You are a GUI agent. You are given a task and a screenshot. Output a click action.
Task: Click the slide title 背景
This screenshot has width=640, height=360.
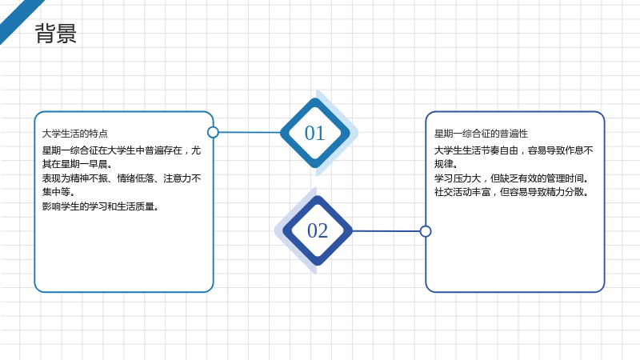(55, 34)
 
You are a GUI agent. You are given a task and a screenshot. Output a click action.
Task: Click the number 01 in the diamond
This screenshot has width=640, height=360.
(314, 133)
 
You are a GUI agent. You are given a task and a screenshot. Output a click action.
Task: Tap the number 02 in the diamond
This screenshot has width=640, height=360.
(318, 230)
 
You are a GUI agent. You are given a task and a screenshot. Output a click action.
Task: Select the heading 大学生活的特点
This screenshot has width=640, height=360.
(75, 134)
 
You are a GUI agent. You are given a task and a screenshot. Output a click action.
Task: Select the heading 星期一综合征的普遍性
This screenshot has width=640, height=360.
(481, 134)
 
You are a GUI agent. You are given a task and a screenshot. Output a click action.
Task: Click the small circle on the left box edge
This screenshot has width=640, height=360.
(213, 132)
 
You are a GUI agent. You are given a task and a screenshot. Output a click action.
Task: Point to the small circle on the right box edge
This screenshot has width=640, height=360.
(426, 231)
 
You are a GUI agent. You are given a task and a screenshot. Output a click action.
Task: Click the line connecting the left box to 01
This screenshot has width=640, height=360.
(250, 132)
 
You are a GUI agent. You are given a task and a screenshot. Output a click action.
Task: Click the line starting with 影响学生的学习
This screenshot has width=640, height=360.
(101, 206)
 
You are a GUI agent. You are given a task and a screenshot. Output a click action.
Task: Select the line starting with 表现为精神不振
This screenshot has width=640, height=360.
(122, 178)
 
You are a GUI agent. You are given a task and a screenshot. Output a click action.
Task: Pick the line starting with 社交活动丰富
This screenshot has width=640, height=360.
(511, 192)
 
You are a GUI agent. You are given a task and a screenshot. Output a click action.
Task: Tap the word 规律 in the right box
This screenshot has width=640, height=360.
(443, 164)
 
